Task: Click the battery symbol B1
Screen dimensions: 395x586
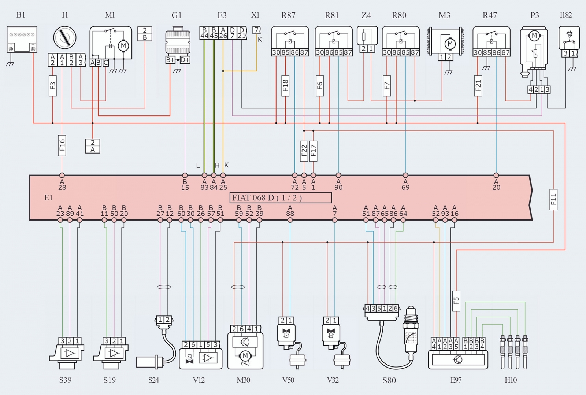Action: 22,39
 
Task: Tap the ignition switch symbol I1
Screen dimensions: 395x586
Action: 65,37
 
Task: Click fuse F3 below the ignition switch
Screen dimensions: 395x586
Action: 53,86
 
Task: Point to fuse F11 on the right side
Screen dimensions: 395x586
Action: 553,199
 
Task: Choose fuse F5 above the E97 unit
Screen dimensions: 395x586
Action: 456,301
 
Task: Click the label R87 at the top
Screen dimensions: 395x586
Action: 288,15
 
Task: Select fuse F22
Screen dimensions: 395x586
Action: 304,151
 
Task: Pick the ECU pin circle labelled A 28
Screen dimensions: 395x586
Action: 62,176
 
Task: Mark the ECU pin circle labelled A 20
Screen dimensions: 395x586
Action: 496,176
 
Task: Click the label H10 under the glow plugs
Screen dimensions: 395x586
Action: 511,380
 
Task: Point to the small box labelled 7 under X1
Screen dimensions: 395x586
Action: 256,30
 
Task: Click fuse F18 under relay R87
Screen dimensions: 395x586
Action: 285,86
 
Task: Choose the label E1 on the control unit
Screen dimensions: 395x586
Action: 48,198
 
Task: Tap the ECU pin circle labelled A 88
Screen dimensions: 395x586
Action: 290,220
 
